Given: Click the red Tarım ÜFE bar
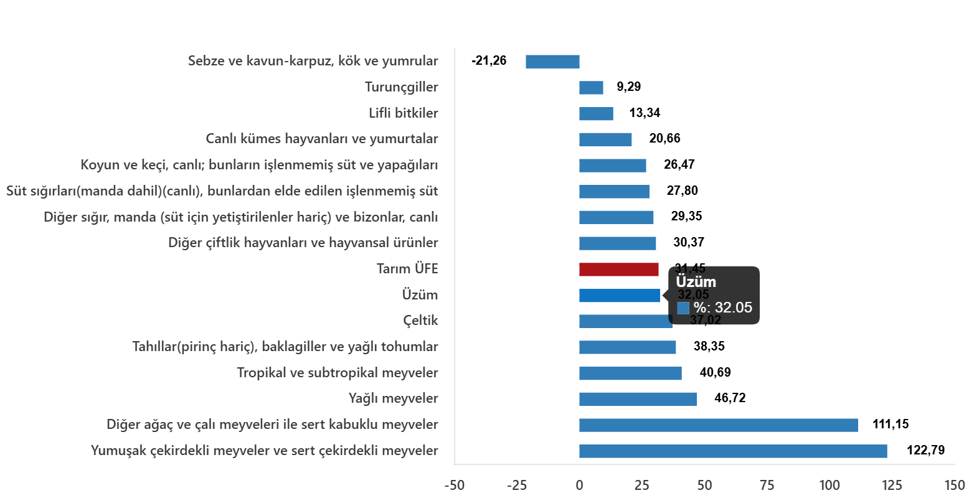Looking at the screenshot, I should click(618, 270).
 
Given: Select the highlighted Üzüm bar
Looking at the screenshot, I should click(619, 296).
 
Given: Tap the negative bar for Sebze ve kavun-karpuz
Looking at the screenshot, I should click(552, 62).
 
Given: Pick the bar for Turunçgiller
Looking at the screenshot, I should click(591, 88).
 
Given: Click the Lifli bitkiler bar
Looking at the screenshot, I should click(596, 114).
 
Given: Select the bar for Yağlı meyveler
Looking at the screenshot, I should click(638, 399).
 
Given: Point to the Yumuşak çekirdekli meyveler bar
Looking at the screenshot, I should click(733, 451).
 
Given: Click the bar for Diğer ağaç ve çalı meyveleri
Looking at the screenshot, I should click(718, 425).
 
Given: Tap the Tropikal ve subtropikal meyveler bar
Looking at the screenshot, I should click(630, 374).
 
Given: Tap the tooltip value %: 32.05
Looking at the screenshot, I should click(722, 308).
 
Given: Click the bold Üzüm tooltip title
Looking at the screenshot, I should click(696, 282).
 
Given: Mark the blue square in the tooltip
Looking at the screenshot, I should click(683, 308).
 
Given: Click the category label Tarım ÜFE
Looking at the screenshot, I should click(407, 269).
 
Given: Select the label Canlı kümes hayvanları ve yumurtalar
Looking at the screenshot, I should click(322, 139).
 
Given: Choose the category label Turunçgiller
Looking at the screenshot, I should click(401, 87).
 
